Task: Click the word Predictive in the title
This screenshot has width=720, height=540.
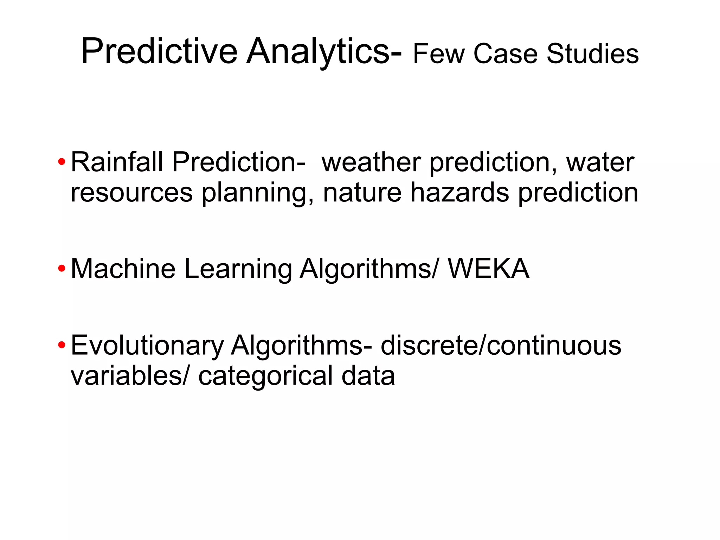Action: [159, 52]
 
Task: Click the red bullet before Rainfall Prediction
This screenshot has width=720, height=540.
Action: [62, 162]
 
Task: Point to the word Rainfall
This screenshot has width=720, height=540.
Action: [117, 162]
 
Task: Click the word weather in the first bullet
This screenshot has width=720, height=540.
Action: [371, 162]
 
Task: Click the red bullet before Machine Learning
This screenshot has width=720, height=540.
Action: [62, 269]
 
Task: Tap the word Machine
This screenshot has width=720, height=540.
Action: [123, 269]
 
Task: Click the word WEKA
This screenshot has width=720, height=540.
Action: [488, 269]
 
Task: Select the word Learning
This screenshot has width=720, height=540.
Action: [238, 269]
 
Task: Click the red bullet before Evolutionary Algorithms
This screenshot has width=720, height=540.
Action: [62, 345]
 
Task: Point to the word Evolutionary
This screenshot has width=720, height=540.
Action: [147, 345]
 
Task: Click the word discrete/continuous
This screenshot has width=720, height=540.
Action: [501, 345]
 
